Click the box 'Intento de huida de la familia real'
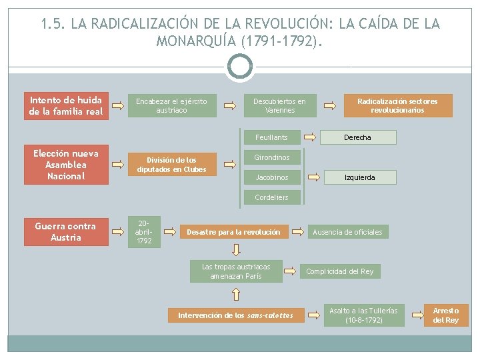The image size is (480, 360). tap(66, 106)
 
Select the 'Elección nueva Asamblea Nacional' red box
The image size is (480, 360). tap(66, 165)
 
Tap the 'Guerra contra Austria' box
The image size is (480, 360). tap(66, 232)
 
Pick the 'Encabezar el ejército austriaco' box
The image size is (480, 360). tap(172, 106)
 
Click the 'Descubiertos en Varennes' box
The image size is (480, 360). tap(279, 106)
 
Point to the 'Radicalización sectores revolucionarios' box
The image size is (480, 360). tap(397, 106)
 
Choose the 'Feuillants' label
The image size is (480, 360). tap(271, 137)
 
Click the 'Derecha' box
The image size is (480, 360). tap(358, 137)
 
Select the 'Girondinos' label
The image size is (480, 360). tap(271, 157)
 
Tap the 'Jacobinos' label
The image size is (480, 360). tap(271, 177)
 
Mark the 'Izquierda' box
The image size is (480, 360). tap(359, 177)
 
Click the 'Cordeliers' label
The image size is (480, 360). tap(271, 197)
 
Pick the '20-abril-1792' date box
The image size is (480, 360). tap(144, 232)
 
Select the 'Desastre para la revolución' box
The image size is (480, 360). tap(233, 232)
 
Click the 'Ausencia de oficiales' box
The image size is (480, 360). tap(348, 232)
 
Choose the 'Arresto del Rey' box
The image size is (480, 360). tap(446, 315)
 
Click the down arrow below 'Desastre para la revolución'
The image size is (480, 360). tap(236, 250)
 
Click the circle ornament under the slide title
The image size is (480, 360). tap(239, 67)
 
